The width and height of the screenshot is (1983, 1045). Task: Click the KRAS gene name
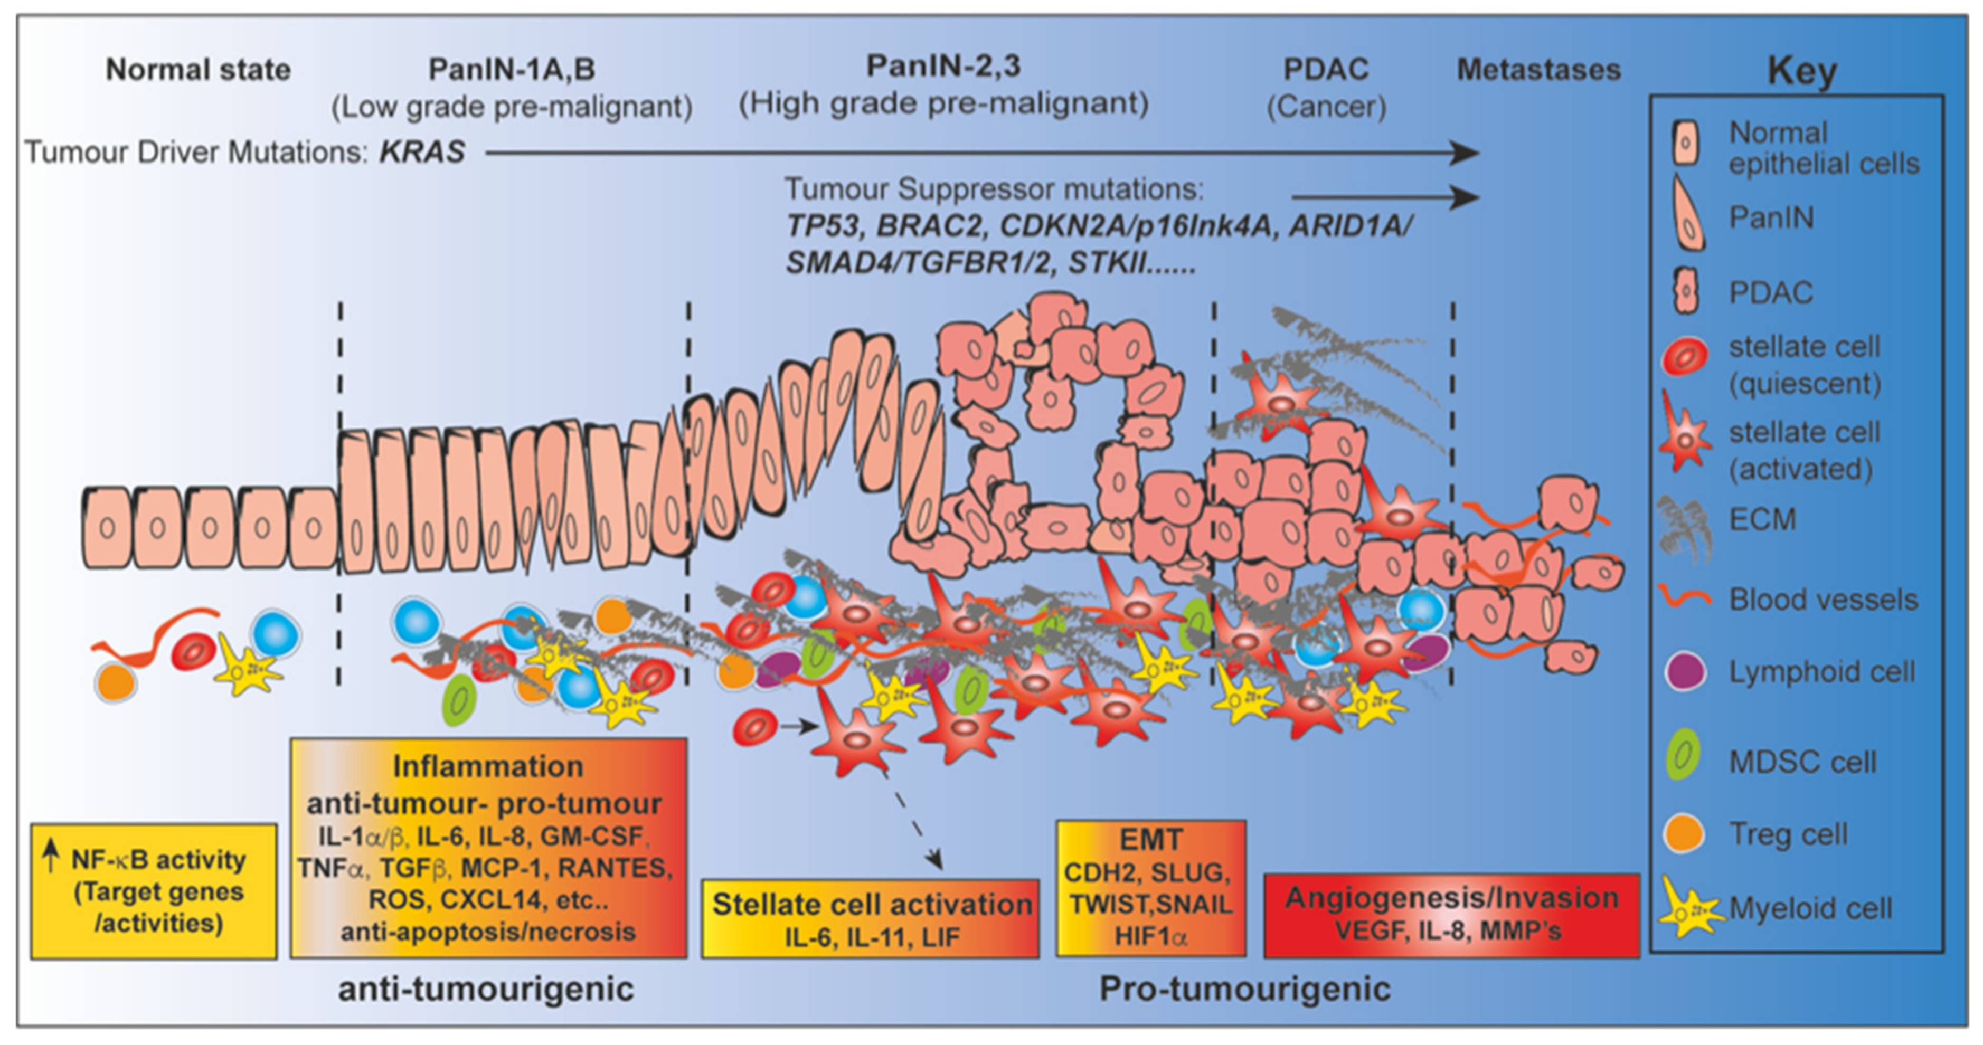[422, 153]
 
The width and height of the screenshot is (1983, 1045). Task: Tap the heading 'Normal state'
[198, 70]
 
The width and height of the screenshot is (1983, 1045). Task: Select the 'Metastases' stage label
[1539, 70]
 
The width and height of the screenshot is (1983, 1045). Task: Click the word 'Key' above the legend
[1801, 72]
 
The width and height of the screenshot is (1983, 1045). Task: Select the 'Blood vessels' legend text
[1823, 600]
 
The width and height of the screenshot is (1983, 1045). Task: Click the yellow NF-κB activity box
[154, 891]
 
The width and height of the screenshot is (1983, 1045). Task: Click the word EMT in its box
[1151, 840]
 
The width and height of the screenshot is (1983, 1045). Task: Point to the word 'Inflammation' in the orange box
[488, 766]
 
